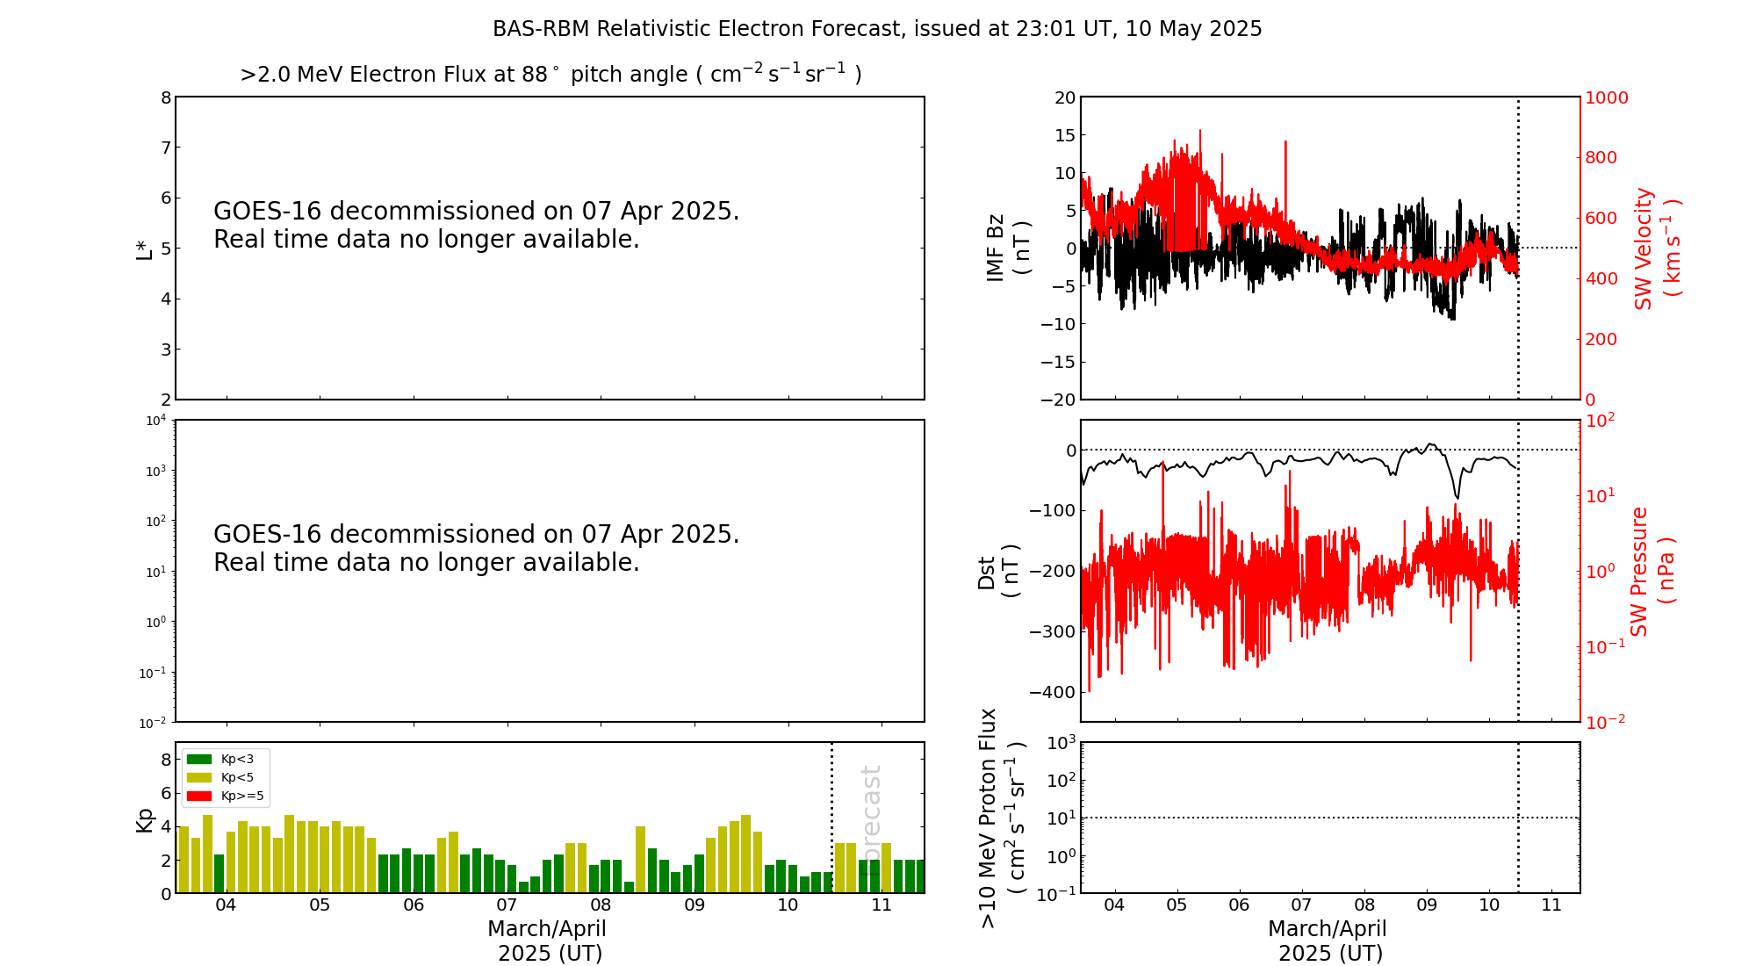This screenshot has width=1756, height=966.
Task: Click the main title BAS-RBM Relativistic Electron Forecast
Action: (x=877, y=29)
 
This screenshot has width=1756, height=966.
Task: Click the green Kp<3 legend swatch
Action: (x=199, y=759)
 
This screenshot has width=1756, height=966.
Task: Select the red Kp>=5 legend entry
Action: (x=224, y=797)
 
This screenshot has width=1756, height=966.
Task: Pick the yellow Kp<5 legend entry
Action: (x=224, y=777)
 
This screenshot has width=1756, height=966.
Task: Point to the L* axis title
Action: (x=145, y=249)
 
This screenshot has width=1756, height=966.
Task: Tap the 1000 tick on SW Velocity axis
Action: (x=1606, y=97)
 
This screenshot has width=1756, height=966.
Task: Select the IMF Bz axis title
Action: (x=1007, y=248)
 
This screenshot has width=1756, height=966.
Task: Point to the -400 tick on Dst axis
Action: (x=1052, y=692)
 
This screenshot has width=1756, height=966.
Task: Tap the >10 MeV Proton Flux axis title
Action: (x=1001, y=818)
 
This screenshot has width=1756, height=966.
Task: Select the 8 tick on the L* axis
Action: (x=165, y=97)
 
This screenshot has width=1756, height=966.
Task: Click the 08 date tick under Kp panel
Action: (x=601, y=905)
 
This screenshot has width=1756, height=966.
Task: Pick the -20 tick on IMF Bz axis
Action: (x=1057, y=400)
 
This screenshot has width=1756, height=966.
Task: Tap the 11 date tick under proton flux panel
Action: (x=1551, y=905)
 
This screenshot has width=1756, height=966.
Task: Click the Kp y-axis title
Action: (x=144, y=819)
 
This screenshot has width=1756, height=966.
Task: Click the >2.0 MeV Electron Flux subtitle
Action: (x=551, y=75)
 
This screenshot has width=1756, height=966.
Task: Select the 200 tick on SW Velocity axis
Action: (x=1601, y=339)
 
